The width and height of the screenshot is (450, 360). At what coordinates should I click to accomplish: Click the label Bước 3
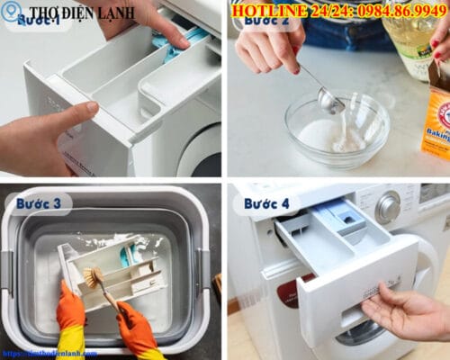pyautogui.click(x=38, y=203)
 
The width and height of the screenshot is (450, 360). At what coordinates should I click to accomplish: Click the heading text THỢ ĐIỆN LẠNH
pyautogui.click(x=82, y=13)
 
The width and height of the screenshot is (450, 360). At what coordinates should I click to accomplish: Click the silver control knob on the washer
pyautogui.click(x=388, y=208)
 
